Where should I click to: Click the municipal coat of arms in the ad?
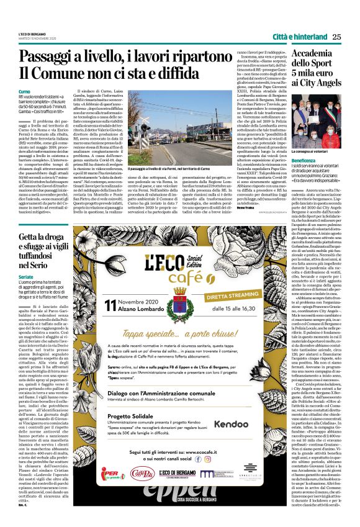(181, 293)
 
